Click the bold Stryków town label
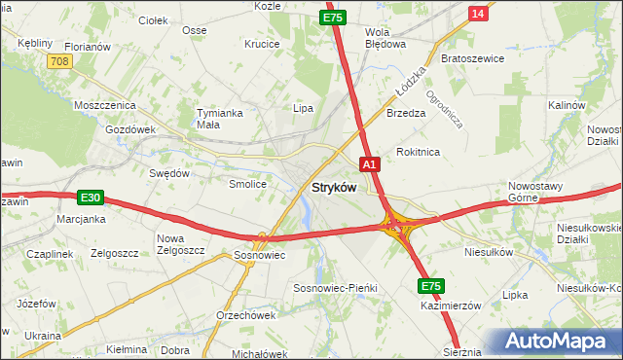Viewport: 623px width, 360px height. pos(333,188)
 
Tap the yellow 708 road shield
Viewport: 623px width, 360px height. pos(58,61)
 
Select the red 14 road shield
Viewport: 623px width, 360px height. pos(477,13)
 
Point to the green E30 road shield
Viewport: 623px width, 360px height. pos(91,198)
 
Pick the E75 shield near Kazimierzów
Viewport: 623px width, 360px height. pos(432,286)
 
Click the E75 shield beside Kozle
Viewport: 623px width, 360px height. pos(333,18)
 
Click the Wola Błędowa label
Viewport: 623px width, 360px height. pos(384,37)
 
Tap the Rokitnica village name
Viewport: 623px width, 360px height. pos(419,152)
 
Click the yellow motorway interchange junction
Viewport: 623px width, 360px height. pos(397,227)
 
